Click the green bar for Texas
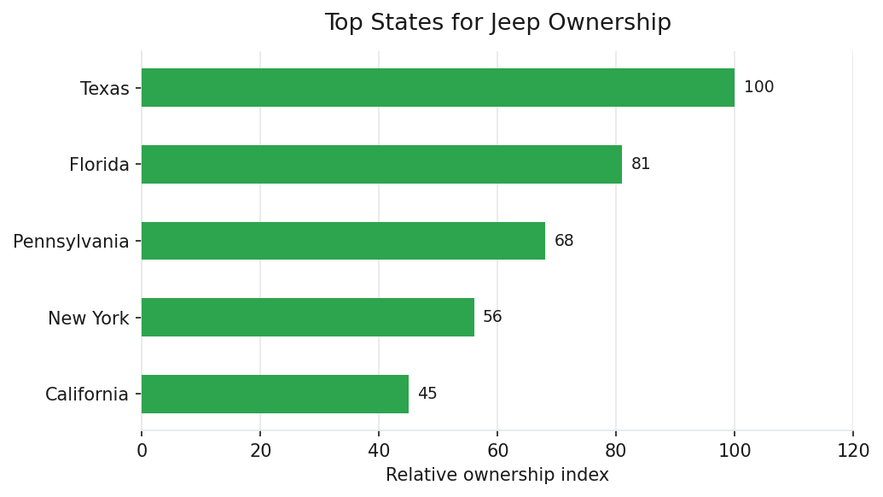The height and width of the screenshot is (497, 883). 438,88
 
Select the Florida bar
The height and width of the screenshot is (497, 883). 381,164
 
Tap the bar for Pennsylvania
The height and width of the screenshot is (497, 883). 343,241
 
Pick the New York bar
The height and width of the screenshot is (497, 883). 307,318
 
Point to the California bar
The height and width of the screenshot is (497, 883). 275,394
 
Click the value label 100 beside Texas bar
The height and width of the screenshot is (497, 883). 758,88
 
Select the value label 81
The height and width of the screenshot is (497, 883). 641,164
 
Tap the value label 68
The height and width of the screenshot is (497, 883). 564,241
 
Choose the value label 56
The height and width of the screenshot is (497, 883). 492,318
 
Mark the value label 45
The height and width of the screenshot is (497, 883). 427,394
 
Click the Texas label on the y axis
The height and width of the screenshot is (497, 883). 104,89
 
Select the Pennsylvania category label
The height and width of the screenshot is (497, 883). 71,242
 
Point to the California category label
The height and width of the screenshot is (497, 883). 87,395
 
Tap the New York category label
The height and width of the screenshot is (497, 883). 88,319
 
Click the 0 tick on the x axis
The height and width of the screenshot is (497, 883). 142,451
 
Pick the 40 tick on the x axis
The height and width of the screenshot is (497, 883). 379,451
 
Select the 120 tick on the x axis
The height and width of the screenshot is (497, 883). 852,451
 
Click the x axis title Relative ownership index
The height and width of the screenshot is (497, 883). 497,476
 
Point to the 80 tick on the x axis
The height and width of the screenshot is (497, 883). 616,451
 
